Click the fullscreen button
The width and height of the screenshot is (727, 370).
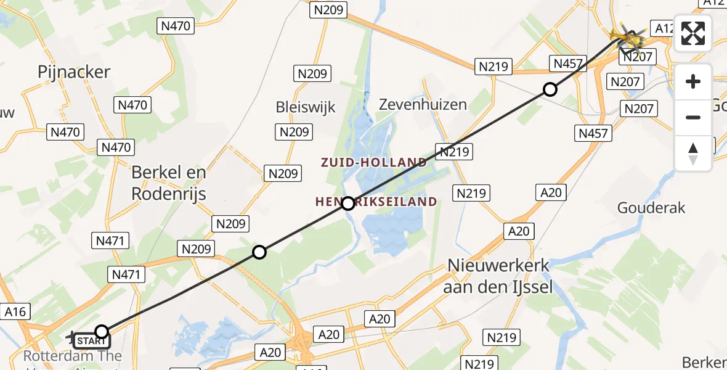[x=693, y=33]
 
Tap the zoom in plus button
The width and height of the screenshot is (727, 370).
[x=693, y=81]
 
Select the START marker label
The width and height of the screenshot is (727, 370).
[x=92, y=340]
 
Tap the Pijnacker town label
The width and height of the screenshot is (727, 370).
[x=74, y=72]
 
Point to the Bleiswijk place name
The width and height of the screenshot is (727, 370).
[x=306, y=107]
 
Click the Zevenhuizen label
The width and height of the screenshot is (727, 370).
[x=423, y=104]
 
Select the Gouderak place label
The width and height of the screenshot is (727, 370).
[x=651, y=208]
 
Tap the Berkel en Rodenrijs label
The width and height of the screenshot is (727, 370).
[x=168, y=183]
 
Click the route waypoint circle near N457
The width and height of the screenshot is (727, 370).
[x=550, y=89]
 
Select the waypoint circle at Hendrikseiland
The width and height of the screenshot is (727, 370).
[x=348, y=203]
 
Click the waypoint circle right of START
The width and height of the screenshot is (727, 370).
[x=102, y=332]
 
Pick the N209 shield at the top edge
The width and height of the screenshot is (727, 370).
[x=330, y=10]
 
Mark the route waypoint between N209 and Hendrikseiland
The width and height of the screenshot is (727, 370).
[x=259, y=252]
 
